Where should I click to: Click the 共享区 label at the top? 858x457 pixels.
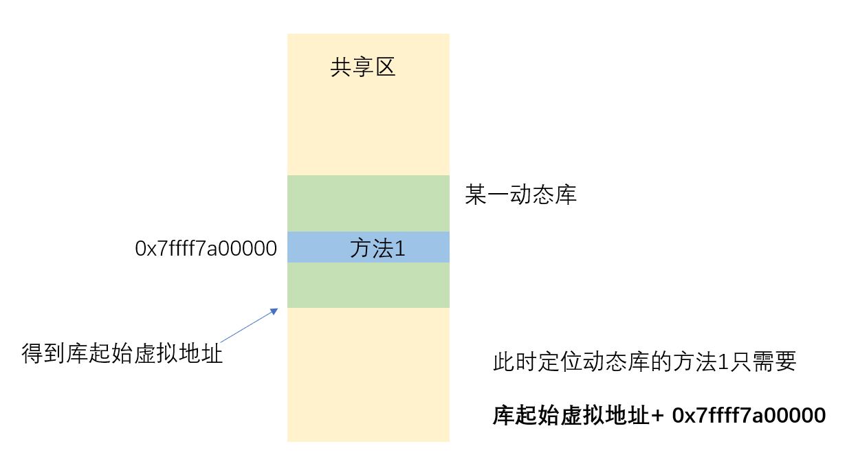coord(363,68)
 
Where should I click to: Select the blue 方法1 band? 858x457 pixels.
coord(368,247)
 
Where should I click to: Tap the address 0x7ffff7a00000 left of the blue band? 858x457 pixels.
coord(206,249)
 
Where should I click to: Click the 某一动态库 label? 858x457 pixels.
coord(520,196)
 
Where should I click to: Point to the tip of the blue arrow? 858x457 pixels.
coord(277,310)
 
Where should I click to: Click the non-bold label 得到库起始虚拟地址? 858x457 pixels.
coord(122,355)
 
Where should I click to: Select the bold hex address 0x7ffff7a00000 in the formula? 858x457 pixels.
coord(749,416)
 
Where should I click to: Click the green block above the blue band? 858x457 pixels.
coord(368,203)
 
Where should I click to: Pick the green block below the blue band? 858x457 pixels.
coord(368,285)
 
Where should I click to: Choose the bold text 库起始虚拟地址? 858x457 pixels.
coord(571,416)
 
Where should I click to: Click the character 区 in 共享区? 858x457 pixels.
coord(386,68)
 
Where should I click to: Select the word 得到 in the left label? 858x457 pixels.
coord(44,355)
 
